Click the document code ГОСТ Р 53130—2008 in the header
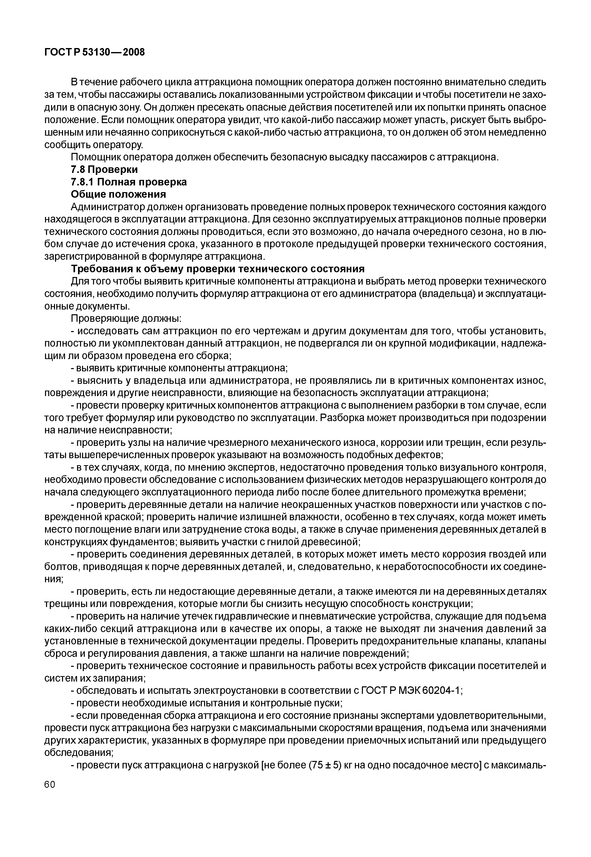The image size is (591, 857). click(95, 53)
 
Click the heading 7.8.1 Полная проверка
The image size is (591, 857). click(129, 182)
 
